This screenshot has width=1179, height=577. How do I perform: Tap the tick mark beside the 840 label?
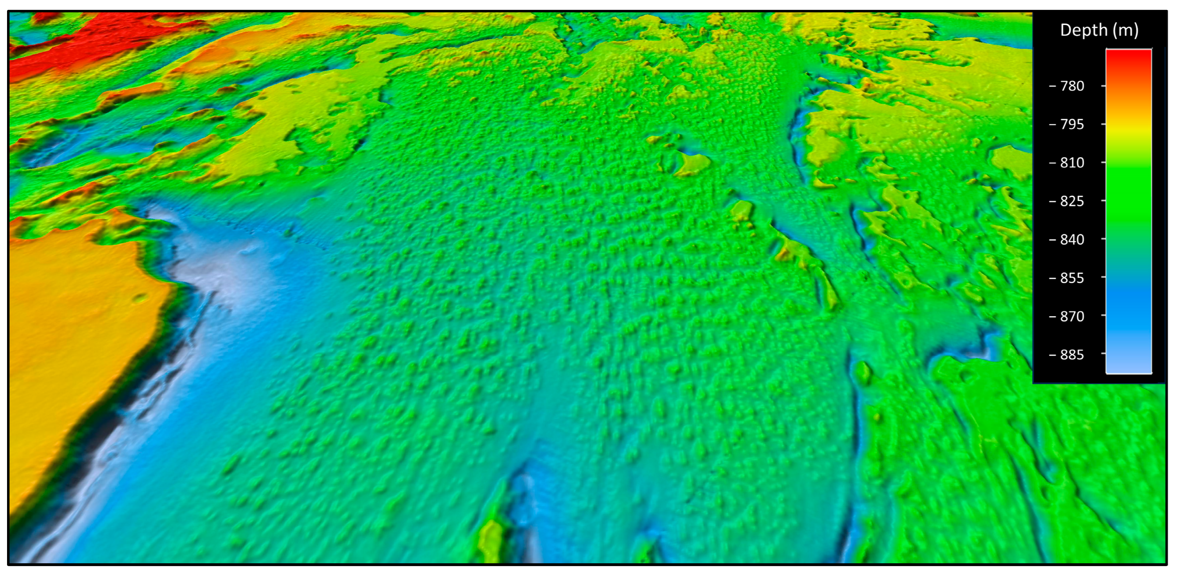pyautogui.click(x=1103, y=239)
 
